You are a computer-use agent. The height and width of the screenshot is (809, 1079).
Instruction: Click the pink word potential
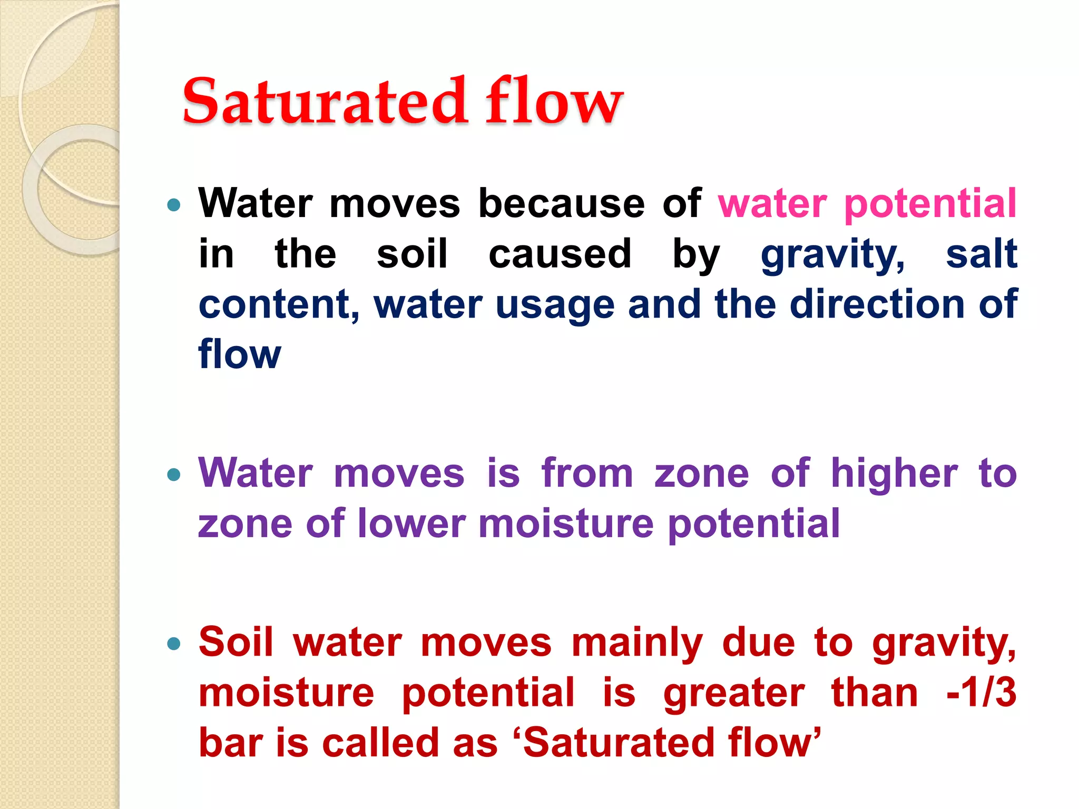930,204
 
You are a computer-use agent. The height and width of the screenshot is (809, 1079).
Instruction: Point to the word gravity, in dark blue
833,255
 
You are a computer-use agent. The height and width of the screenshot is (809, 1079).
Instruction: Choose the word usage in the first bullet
555,305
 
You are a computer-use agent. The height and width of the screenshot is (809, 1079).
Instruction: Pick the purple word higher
895,473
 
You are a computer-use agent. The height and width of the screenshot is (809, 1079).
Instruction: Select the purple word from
587,473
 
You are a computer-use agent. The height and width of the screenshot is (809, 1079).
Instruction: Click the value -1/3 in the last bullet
981,693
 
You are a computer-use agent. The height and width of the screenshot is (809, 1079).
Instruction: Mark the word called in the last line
380,743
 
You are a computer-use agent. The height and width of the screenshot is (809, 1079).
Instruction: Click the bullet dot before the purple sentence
173,475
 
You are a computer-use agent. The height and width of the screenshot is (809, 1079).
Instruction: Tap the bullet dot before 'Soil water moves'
173,643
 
